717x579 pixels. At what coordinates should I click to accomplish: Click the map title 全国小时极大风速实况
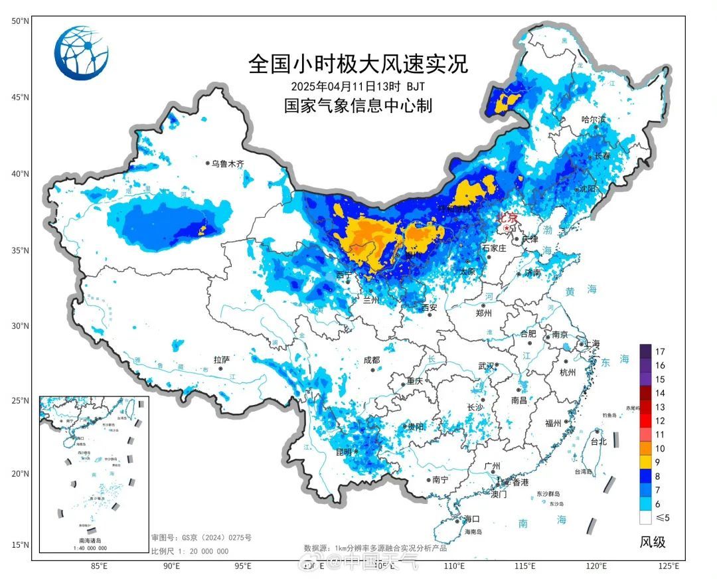(x=358, y=64)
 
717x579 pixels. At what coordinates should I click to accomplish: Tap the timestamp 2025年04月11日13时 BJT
(x=358, y=86)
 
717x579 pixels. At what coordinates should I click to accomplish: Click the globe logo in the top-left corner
(x=81, y=52)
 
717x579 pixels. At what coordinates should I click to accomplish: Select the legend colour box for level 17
(x=645, y=351)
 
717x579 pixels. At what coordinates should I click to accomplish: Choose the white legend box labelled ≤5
(x=645, y=517)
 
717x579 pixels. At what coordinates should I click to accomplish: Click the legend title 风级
(x=652, y=542)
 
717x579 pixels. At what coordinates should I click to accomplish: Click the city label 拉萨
(x=221, y=360)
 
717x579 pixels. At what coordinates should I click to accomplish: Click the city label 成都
(x=372, y=360)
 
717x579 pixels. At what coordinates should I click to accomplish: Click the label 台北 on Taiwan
(x=597, y=442)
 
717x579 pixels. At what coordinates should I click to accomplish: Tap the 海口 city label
(x=471, y=519)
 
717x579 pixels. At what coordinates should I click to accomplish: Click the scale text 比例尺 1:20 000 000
(x=190, y=551)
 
